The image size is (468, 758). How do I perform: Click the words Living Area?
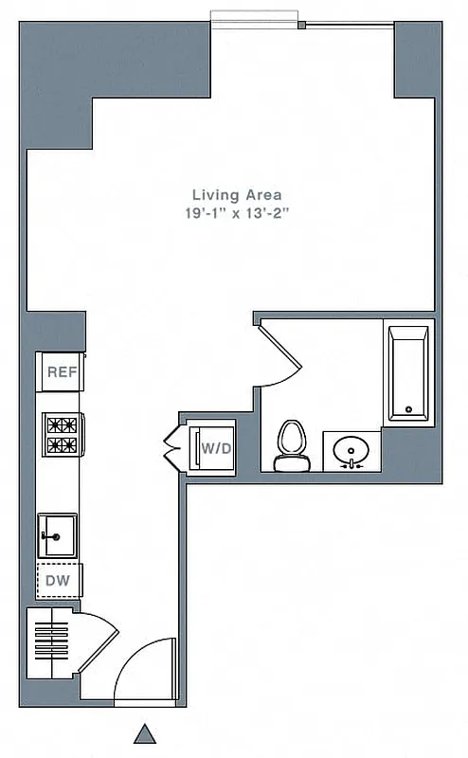236,194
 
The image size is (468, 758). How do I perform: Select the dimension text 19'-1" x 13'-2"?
236,214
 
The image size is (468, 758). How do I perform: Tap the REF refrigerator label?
62,372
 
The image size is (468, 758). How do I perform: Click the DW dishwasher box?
59,580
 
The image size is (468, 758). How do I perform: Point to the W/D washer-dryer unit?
214,447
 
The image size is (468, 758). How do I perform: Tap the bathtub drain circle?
409,409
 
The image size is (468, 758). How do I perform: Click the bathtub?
409,373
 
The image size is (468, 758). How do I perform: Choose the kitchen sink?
57,536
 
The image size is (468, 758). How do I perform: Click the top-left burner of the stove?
52,425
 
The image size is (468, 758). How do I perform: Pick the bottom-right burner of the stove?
69,444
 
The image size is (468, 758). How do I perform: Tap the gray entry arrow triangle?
145,733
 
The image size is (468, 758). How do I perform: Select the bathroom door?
280,352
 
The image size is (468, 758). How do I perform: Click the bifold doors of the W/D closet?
174,447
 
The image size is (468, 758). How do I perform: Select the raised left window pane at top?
253,17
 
